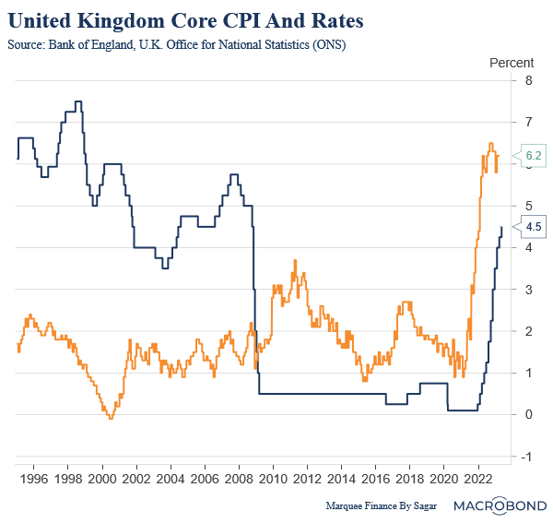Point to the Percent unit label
click(x=510, y=63)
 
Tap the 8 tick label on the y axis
click(x=527, y=80)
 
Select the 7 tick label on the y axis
click(x=527, y=122)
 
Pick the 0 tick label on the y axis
click(x=527, y=414)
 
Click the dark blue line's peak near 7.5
click(x=78, y=101)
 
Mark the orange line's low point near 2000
click(x=110, y=418)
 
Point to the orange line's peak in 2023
click(x=490, y=144)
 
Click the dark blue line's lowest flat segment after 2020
click(x=462, y=410)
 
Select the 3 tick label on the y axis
click(x=527, y=289)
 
